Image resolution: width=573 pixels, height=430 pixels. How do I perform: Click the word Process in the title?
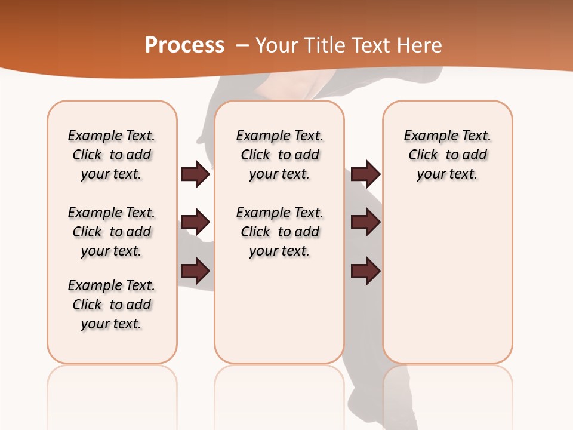pyautogui.click(x=184, y=45)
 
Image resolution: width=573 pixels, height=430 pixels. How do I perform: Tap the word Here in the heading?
pyautogui.click(x=418, y=45)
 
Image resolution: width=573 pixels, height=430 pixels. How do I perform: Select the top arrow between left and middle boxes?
pyautogui.click(x=195, y=174)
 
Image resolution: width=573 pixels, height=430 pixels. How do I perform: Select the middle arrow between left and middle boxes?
pyautogui.click(x=195, y=223)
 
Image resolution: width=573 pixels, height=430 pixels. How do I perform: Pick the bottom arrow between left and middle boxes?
pyautogui.click(x=195, y=272)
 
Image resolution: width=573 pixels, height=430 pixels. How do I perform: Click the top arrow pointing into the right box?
pyautogui.click(x=365, y=174)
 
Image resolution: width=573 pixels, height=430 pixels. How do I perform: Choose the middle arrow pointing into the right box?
pyautogui.click(x=365, y=223)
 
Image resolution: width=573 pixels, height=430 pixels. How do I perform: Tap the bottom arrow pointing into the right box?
pyautogui.click(x=365, y=272)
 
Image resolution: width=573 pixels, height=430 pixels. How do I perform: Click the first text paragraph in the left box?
pyautogui.click(x=112, y=155)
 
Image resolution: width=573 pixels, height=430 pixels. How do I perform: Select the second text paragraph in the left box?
pyautogui.click(x=112, y=232)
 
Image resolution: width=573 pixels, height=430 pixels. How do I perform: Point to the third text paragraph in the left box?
pyautogui.click(x=112, y=305)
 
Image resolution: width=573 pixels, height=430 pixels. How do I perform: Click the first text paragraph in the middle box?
pyautogui.click(x=280, y=155)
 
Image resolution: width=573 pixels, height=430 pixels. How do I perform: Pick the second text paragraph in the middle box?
pyautogui.click(x=280, y=232)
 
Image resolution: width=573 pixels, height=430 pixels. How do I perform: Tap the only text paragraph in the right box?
pyautogui.click(x=448, y=155)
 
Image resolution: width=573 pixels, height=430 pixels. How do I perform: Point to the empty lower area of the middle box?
pyautogui.click(x=279, y=311)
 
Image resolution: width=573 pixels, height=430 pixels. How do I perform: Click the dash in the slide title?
pyautogui.click(x=242, y=45)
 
